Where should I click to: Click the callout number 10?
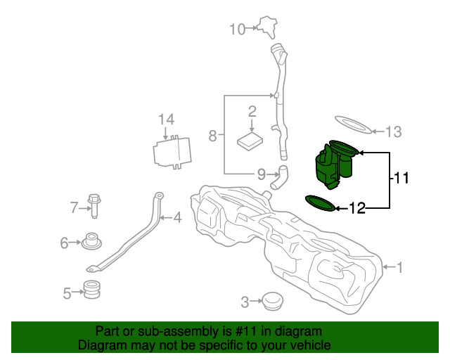pos(237,29)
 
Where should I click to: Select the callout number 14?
pos(165,119)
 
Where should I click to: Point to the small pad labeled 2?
pos(250,140)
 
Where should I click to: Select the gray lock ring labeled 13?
pos(353,125)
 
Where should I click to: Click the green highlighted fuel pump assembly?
pos(330,167)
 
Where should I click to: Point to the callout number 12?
pos(357,208)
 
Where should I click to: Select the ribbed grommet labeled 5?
pos(91,289)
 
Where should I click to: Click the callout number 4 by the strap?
pos(177,218)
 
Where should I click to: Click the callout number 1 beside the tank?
pos(400,267)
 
